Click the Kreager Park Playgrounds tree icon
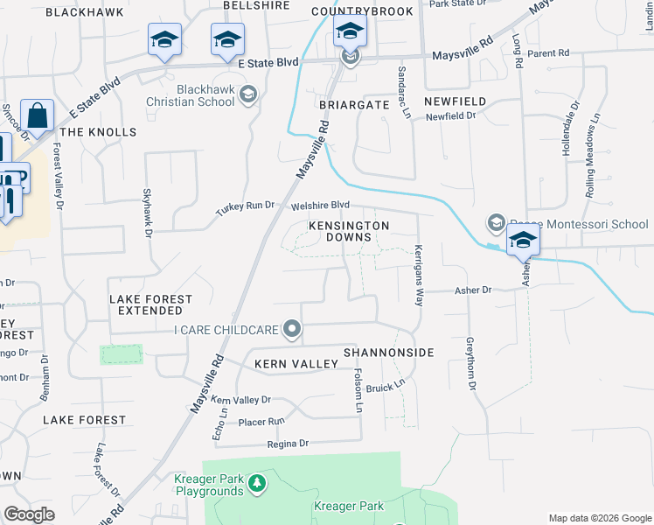tap(256, 482)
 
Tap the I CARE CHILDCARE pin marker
tap(293, 330)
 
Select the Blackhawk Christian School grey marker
tap(248, 94)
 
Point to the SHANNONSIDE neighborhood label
tap(388, 352)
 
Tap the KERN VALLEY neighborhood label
tap(296, 363)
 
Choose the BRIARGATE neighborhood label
tap(353, 103)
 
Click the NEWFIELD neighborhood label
tap(454, 101)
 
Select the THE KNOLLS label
tap(100, 131)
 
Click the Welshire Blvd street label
tap(321, 206)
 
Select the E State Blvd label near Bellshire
tap(268, 62)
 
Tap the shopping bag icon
tap(38, 115)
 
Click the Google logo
tap(29, 514)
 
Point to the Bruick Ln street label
tap(386, 386)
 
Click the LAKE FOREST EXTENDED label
tap(150, 304)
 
